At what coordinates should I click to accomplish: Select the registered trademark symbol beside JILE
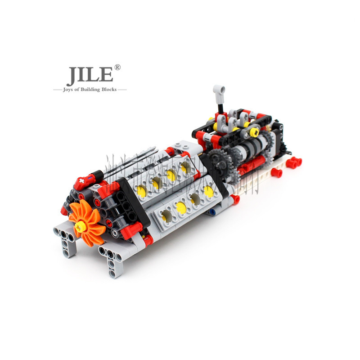point(117,67)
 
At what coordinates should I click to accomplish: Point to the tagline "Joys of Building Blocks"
point(90,90)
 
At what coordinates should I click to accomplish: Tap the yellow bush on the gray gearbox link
point(254,132)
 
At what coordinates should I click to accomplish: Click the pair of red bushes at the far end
point(293,162)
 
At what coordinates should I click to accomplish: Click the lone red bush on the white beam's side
point(276,173)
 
